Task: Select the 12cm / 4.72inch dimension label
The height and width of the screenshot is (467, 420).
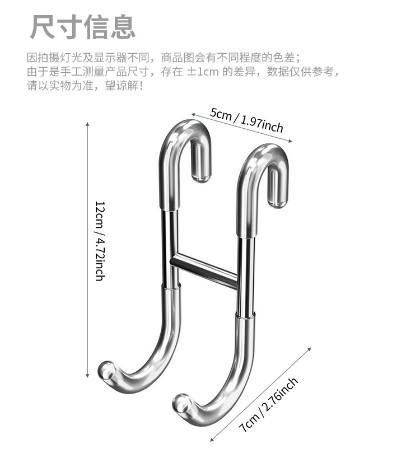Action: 100,240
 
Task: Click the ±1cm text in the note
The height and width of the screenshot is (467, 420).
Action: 203,72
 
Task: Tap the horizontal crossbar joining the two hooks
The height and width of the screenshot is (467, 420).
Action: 204,270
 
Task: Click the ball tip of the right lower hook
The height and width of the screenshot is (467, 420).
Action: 181,402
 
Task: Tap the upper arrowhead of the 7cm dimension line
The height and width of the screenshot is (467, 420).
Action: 309,348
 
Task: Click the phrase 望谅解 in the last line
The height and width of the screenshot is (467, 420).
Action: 121,87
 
